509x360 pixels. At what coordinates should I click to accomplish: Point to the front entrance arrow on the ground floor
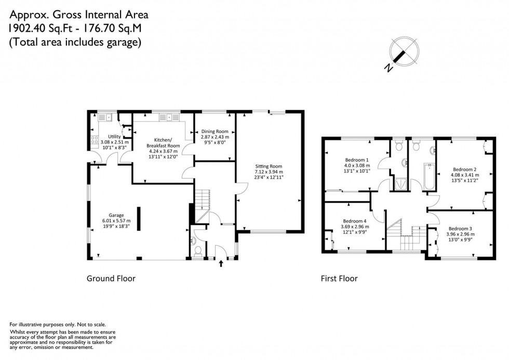(222, 264)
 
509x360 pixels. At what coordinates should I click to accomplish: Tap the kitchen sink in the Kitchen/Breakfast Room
(169, 117)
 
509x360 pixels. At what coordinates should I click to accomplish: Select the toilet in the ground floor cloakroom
(197, 250)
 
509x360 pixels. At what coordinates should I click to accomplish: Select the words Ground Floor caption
(111, 279)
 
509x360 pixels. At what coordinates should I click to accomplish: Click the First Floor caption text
(339, 279)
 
